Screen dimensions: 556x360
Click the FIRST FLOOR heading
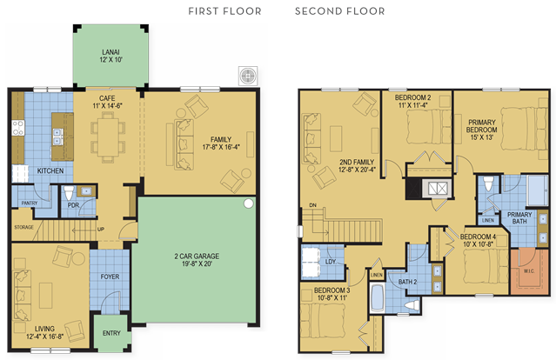tap(224, 11)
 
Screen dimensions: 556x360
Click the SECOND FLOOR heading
tap(339, 11)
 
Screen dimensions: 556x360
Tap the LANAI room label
tap(111, 52)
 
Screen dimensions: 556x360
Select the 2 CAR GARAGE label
tap(197, 257)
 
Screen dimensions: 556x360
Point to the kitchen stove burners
tap(17, 128)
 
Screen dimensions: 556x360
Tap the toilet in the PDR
tap(69, 192)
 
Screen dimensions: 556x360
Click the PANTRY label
tap(29, 203)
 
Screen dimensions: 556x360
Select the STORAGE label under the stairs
tap(23, 227)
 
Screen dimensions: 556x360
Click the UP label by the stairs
tap(101, 230)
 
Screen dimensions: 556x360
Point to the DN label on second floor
tap(312, 205)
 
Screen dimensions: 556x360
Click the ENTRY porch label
tap(111, 333)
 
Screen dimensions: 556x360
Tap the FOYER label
tap(110, 277)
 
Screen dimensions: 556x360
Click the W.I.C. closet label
tap(529, 271)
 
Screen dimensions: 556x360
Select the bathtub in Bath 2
tap(377, 297)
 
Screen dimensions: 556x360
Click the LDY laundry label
tap(330, 262)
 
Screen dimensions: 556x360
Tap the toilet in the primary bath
tap(489, 183)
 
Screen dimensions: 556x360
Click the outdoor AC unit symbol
tap(248, 76)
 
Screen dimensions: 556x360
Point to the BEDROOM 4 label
tap(478, 237)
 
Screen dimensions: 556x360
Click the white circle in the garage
tap(249, 203)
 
